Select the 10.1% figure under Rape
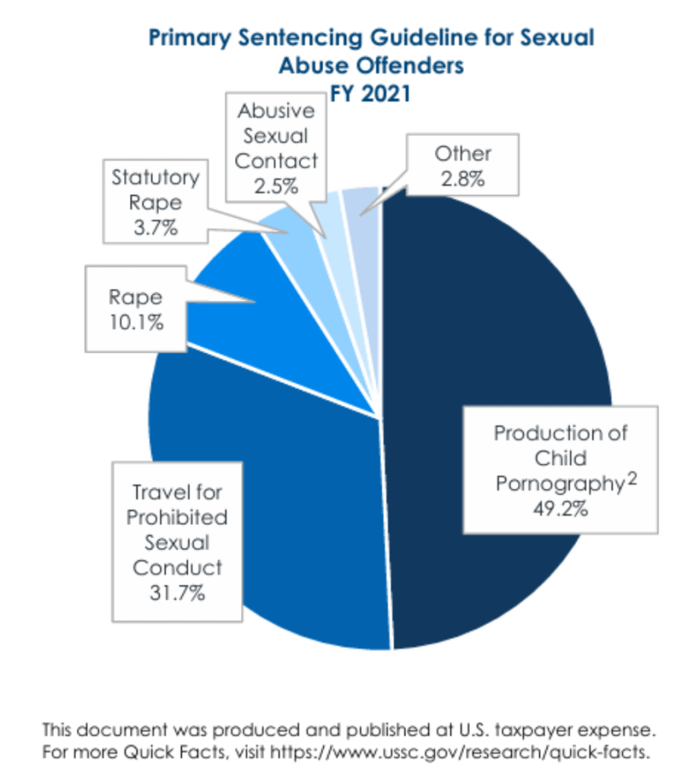pyautogui.click(x=136, y=322)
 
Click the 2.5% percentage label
pyautogui.click(x=275, y=186)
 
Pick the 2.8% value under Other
pyautogui.click(x=462, y=179)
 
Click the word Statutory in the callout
pyautogui.click(x=155, y=178)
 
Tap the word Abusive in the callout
pyautogui.click(x=275, y=110)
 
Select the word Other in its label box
pyautogui.click(x=462, y=153)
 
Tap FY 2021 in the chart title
pyautogui.click(x=370, y=93)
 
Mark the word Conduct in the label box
pyautogui.click(x=176, y=568)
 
